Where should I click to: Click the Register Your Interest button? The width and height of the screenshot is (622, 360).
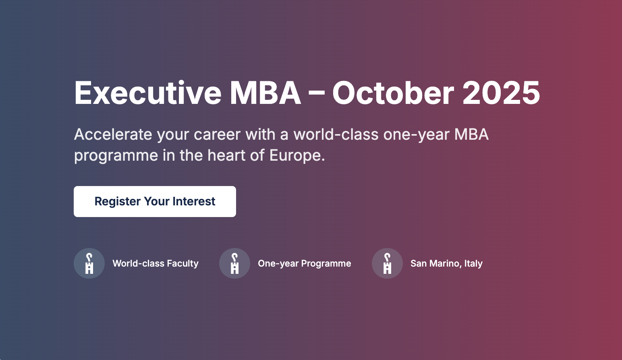coord(155,201)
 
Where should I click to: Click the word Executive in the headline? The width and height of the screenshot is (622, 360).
coord(148,93)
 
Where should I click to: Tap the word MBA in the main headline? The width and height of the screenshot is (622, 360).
coord(265,93)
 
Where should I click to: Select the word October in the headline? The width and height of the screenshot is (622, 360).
coord(393,93)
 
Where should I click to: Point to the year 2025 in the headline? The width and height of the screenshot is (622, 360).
coord(501,93)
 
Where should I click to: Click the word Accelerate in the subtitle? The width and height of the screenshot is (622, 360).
coord(113,134)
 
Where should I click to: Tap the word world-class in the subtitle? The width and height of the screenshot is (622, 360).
coord(336,134)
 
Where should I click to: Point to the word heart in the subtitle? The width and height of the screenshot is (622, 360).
coord(226,155)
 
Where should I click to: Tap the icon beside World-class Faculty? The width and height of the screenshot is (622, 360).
coord(89,263)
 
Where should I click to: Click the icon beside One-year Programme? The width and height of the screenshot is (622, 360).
coord(234,263)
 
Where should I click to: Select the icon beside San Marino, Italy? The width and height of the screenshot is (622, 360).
coord(388,263)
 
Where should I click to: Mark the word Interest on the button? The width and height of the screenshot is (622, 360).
coord(194,201)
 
